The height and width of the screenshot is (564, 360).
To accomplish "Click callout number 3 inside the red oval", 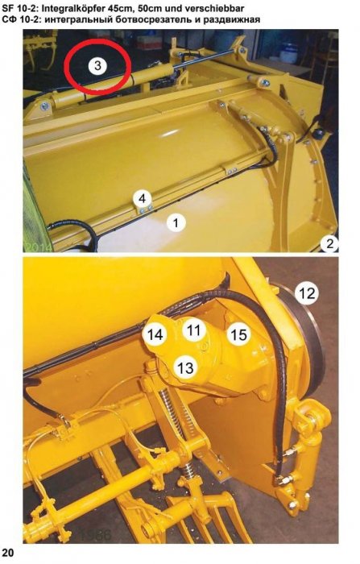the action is pos(97,66).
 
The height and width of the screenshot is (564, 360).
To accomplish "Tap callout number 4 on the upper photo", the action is pos(143,198).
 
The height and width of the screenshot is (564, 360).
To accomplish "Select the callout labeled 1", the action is pos(176,223).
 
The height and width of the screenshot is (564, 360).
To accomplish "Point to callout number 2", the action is pos(329,244).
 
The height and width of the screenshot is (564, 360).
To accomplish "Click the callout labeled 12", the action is pos(308,293).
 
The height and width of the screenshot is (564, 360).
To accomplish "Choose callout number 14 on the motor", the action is pos(155,335).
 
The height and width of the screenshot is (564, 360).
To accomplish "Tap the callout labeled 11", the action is pos(194,330).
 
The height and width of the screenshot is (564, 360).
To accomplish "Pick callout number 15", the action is pos(239,335).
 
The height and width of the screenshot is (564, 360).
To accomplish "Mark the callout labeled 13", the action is pos(185,367).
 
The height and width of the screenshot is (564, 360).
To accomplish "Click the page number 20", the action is pos(8,553).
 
